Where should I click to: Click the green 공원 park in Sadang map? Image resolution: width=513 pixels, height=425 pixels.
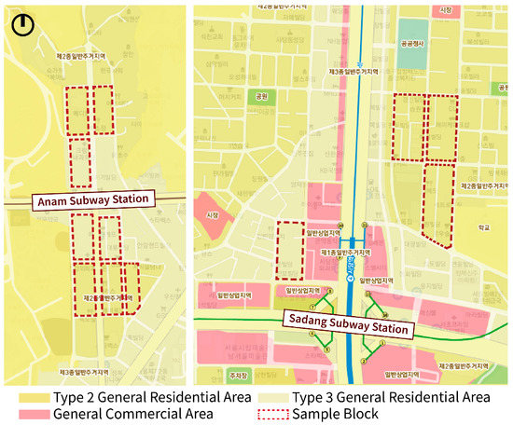pyautogui.click(x=261, y=95)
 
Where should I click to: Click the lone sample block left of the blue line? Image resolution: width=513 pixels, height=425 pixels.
pyautogui.click(x=290, y=250)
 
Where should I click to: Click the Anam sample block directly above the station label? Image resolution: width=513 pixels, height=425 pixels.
pyautogui.click(x=80, y=163)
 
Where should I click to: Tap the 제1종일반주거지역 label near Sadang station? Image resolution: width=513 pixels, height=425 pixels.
pyautogui.click(x=345, y=253)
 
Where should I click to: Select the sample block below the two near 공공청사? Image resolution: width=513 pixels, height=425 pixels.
pyautogui.click(x=437, y=205)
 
